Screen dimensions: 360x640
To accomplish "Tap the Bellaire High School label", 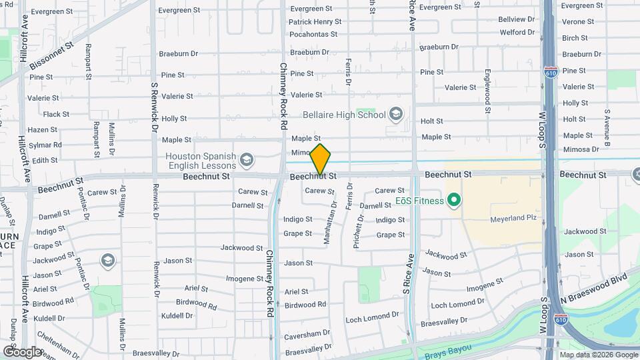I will point(344,115).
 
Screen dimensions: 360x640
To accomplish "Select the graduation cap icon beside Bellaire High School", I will point(397,115).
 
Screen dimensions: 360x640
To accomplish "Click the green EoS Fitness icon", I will point(455,200).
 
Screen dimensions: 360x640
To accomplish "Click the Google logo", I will point(22,351).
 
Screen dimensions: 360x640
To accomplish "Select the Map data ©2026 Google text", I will point(598,355).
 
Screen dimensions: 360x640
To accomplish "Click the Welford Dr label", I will point(517,32).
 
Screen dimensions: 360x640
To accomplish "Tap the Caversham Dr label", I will point(307,337).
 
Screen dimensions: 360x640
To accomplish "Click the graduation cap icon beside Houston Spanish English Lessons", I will point(247,159).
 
